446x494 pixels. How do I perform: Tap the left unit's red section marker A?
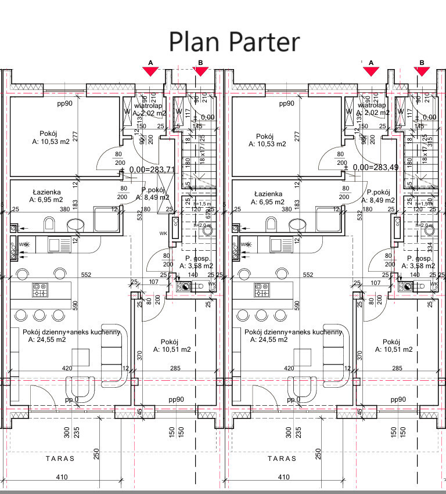150,71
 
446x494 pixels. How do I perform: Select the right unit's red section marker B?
422,71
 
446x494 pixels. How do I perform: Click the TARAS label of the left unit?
60,459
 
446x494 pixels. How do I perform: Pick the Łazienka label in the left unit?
44,194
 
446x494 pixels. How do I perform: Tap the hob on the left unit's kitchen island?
39,289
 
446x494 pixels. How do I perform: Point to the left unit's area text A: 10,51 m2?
172,349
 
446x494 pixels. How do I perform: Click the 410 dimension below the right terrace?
284,477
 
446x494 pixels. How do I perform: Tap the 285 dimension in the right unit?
397,368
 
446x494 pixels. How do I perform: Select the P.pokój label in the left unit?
154,190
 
